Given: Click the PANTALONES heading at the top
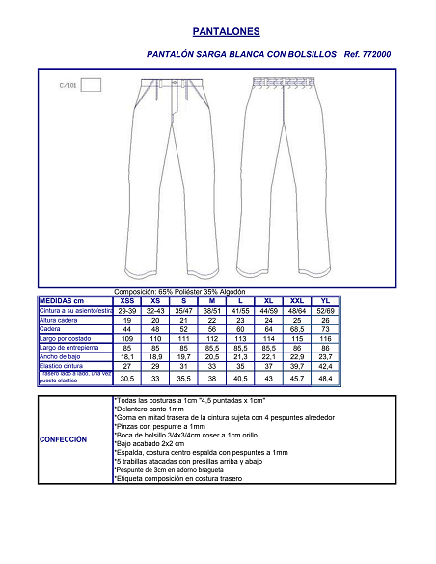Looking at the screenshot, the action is (219, 31).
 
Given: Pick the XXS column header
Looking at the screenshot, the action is (127, 301).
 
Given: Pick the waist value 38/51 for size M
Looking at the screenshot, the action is (212, 310).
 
